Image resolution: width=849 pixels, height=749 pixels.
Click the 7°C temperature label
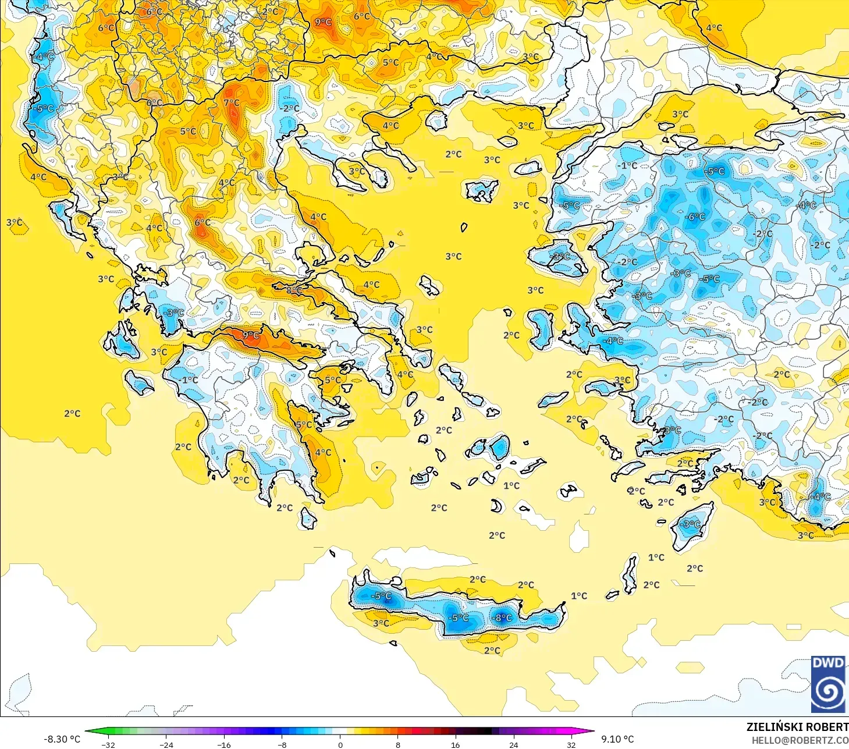232,102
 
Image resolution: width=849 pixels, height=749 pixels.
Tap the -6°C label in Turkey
695,217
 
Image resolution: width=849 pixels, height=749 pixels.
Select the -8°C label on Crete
502,617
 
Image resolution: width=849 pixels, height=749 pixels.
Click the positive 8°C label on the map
294,290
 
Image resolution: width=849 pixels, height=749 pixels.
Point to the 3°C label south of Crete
381,623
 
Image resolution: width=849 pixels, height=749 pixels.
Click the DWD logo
827,684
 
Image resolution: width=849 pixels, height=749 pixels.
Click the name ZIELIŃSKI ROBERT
797,727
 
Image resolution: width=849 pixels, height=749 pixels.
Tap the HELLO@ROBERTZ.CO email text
800,740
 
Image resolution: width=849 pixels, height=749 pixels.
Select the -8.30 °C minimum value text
62,739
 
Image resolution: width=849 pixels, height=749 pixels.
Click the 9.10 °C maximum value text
617,739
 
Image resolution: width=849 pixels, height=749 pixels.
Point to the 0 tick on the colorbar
340,744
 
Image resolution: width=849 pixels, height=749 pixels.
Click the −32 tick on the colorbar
108,744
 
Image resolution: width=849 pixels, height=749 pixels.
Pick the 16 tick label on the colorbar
455,744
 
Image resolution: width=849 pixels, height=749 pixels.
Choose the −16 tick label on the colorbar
224,744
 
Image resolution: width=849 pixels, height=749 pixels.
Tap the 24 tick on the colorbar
513,744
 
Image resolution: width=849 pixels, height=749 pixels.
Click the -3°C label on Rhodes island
691,524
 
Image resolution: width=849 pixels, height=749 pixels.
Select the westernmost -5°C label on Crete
381,596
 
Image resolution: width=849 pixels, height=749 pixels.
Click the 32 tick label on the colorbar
571,744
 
